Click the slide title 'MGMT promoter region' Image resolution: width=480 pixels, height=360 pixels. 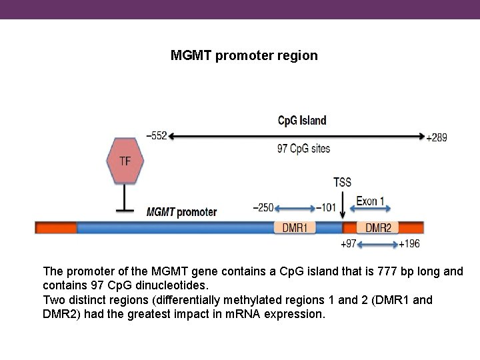click(x=244, y=55)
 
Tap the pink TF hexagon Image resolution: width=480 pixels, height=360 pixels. click(x=125, y=161)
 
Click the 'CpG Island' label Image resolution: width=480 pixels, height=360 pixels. click(x=302, y=121)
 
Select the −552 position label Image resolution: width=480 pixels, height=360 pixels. click(x=155, y=136)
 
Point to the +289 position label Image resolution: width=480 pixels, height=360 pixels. click(x=437, y=137)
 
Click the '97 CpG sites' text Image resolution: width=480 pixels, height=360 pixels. click(x=303, y=149)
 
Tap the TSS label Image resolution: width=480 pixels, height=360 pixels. click(x=342, y=182)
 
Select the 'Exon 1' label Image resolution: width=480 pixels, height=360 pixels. click(x=370, y=201)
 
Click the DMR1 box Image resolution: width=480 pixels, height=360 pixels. click(x=295, y=228)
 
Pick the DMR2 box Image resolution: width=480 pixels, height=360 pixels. click(x=378, y=228)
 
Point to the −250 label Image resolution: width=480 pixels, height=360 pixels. click(x=262, y=207)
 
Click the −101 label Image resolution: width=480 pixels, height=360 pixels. click(x=327, y=207)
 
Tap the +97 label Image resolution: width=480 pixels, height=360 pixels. click(x=349, y=244)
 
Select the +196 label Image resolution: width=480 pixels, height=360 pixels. click(x=409, y=244)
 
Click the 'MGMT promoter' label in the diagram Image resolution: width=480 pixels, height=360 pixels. click(x=181, y=212)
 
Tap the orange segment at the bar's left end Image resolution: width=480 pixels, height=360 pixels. click(x=55, y=228)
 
